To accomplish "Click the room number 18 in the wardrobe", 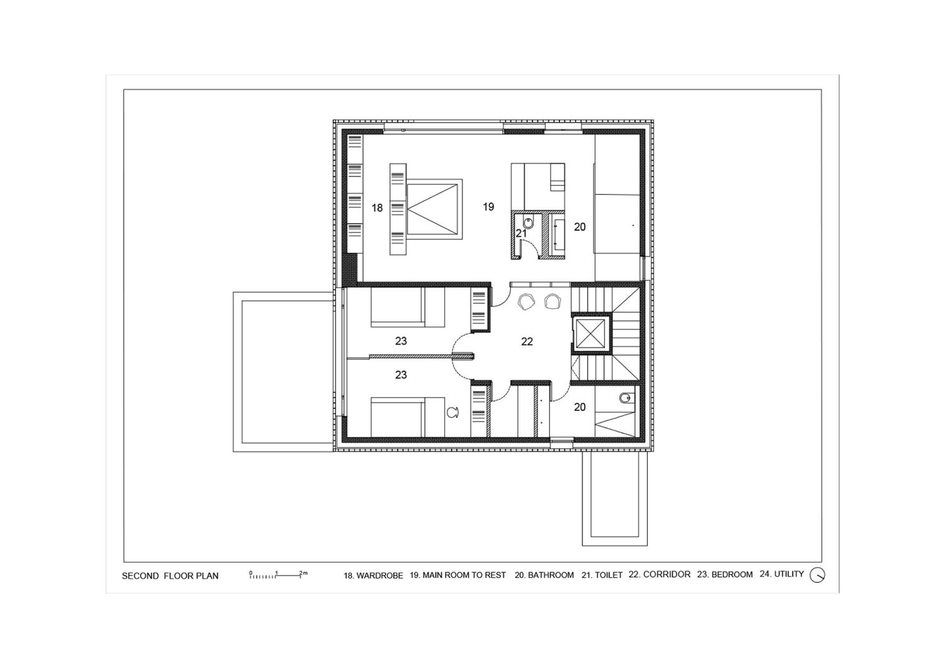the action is coord(377,207).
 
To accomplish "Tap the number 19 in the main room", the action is coord(488,207).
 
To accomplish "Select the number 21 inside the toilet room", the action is coord(521,233).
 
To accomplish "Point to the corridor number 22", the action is coord(527,342).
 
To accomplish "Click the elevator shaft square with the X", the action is coord(590,333).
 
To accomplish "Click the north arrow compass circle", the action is coord(817,575).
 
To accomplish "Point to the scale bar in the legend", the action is coord(278,574).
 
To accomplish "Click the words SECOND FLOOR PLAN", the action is coord(170,576).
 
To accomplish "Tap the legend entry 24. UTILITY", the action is coord(782,574).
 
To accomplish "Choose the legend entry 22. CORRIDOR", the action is coord(660,574).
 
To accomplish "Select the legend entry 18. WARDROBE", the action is coord(374,575).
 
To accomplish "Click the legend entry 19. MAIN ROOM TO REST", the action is coord(458,575).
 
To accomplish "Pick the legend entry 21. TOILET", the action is coord(602,575).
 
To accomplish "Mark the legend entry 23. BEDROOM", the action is coord(724,574).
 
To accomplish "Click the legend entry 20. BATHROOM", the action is coord(544,575).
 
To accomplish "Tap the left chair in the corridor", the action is coord(527,302).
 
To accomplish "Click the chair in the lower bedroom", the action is coord(453,412).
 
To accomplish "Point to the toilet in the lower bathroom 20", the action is coord(626,398).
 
